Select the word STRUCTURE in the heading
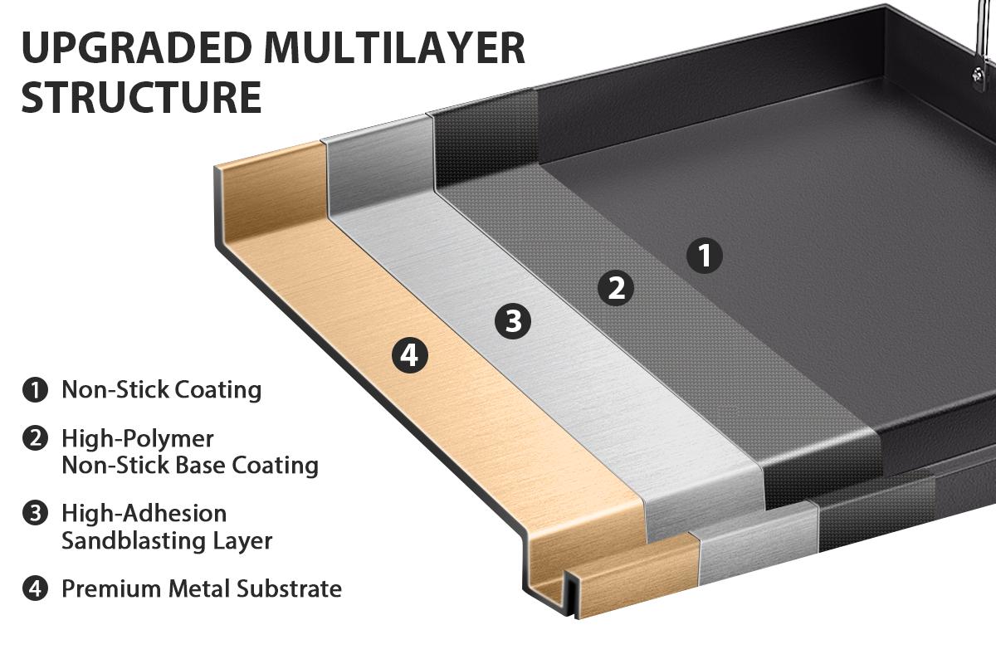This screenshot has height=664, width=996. (141, 97)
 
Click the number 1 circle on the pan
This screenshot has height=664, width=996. (705, 256)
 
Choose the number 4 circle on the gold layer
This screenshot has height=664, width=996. (408, 356)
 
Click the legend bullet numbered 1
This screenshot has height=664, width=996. (35, 389)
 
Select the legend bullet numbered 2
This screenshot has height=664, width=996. (35, 438)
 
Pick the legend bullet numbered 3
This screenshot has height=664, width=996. (35, 513)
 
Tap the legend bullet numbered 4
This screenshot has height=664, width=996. (35, 589)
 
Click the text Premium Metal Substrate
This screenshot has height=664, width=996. (202, 589)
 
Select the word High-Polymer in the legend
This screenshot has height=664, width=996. (138, 438)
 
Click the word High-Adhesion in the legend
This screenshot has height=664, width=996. (144, 513)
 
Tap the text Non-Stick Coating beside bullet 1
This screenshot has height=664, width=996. (161, 389)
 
